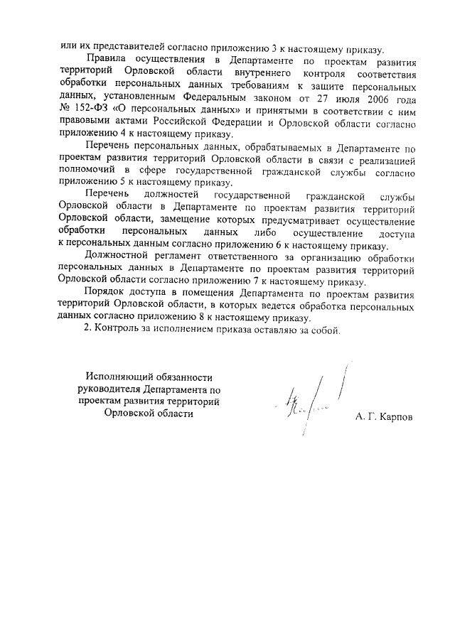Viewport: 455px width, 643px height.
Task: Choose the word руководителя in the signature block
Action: [x=108, y=390]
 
